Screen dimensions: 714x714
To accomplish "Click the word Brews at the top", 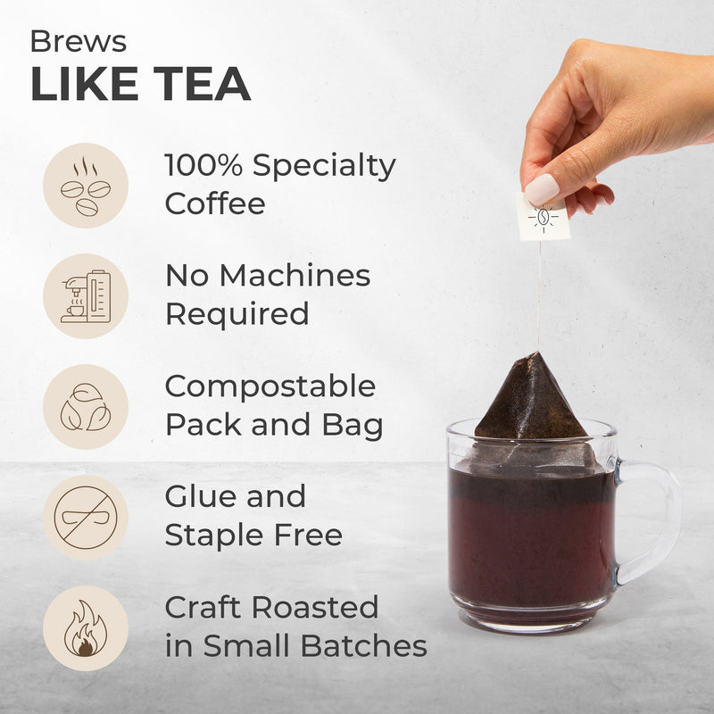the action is coord(79,41).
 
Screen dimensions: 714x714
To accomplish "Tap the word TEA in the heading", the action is coord(202,84).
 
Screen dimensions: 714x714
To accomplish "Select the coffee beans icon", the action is coord(86,186).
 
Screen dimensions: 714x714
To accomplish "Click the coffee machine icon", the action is coord(86,296).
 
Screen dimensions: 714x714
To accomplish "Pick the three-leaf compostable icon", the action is coord(86,407).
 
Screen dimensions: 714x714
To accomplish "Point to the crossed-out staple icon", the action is coord(86,518).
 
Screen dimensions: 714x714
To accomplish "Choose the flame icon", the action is coord(86,628).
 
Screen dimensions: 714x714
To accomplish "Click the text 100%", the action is coord(203,164).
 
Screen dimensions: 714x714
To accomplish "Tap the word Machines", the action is coord(295,276).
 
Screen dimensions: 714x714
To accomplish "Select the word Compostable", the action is coord(270,387).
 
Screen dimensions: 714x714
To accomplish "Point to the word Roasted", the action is coord(315,607).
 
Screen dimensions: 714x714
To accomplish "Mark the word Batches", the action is coord(364,645).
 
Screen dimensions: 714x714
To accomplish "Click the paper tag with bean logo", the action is coord(544,218).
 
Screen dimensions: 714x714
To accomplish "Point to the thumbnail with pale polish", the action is coord(542,189).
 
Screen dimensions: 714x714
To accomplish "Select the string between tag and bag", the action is coord(539,295).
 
